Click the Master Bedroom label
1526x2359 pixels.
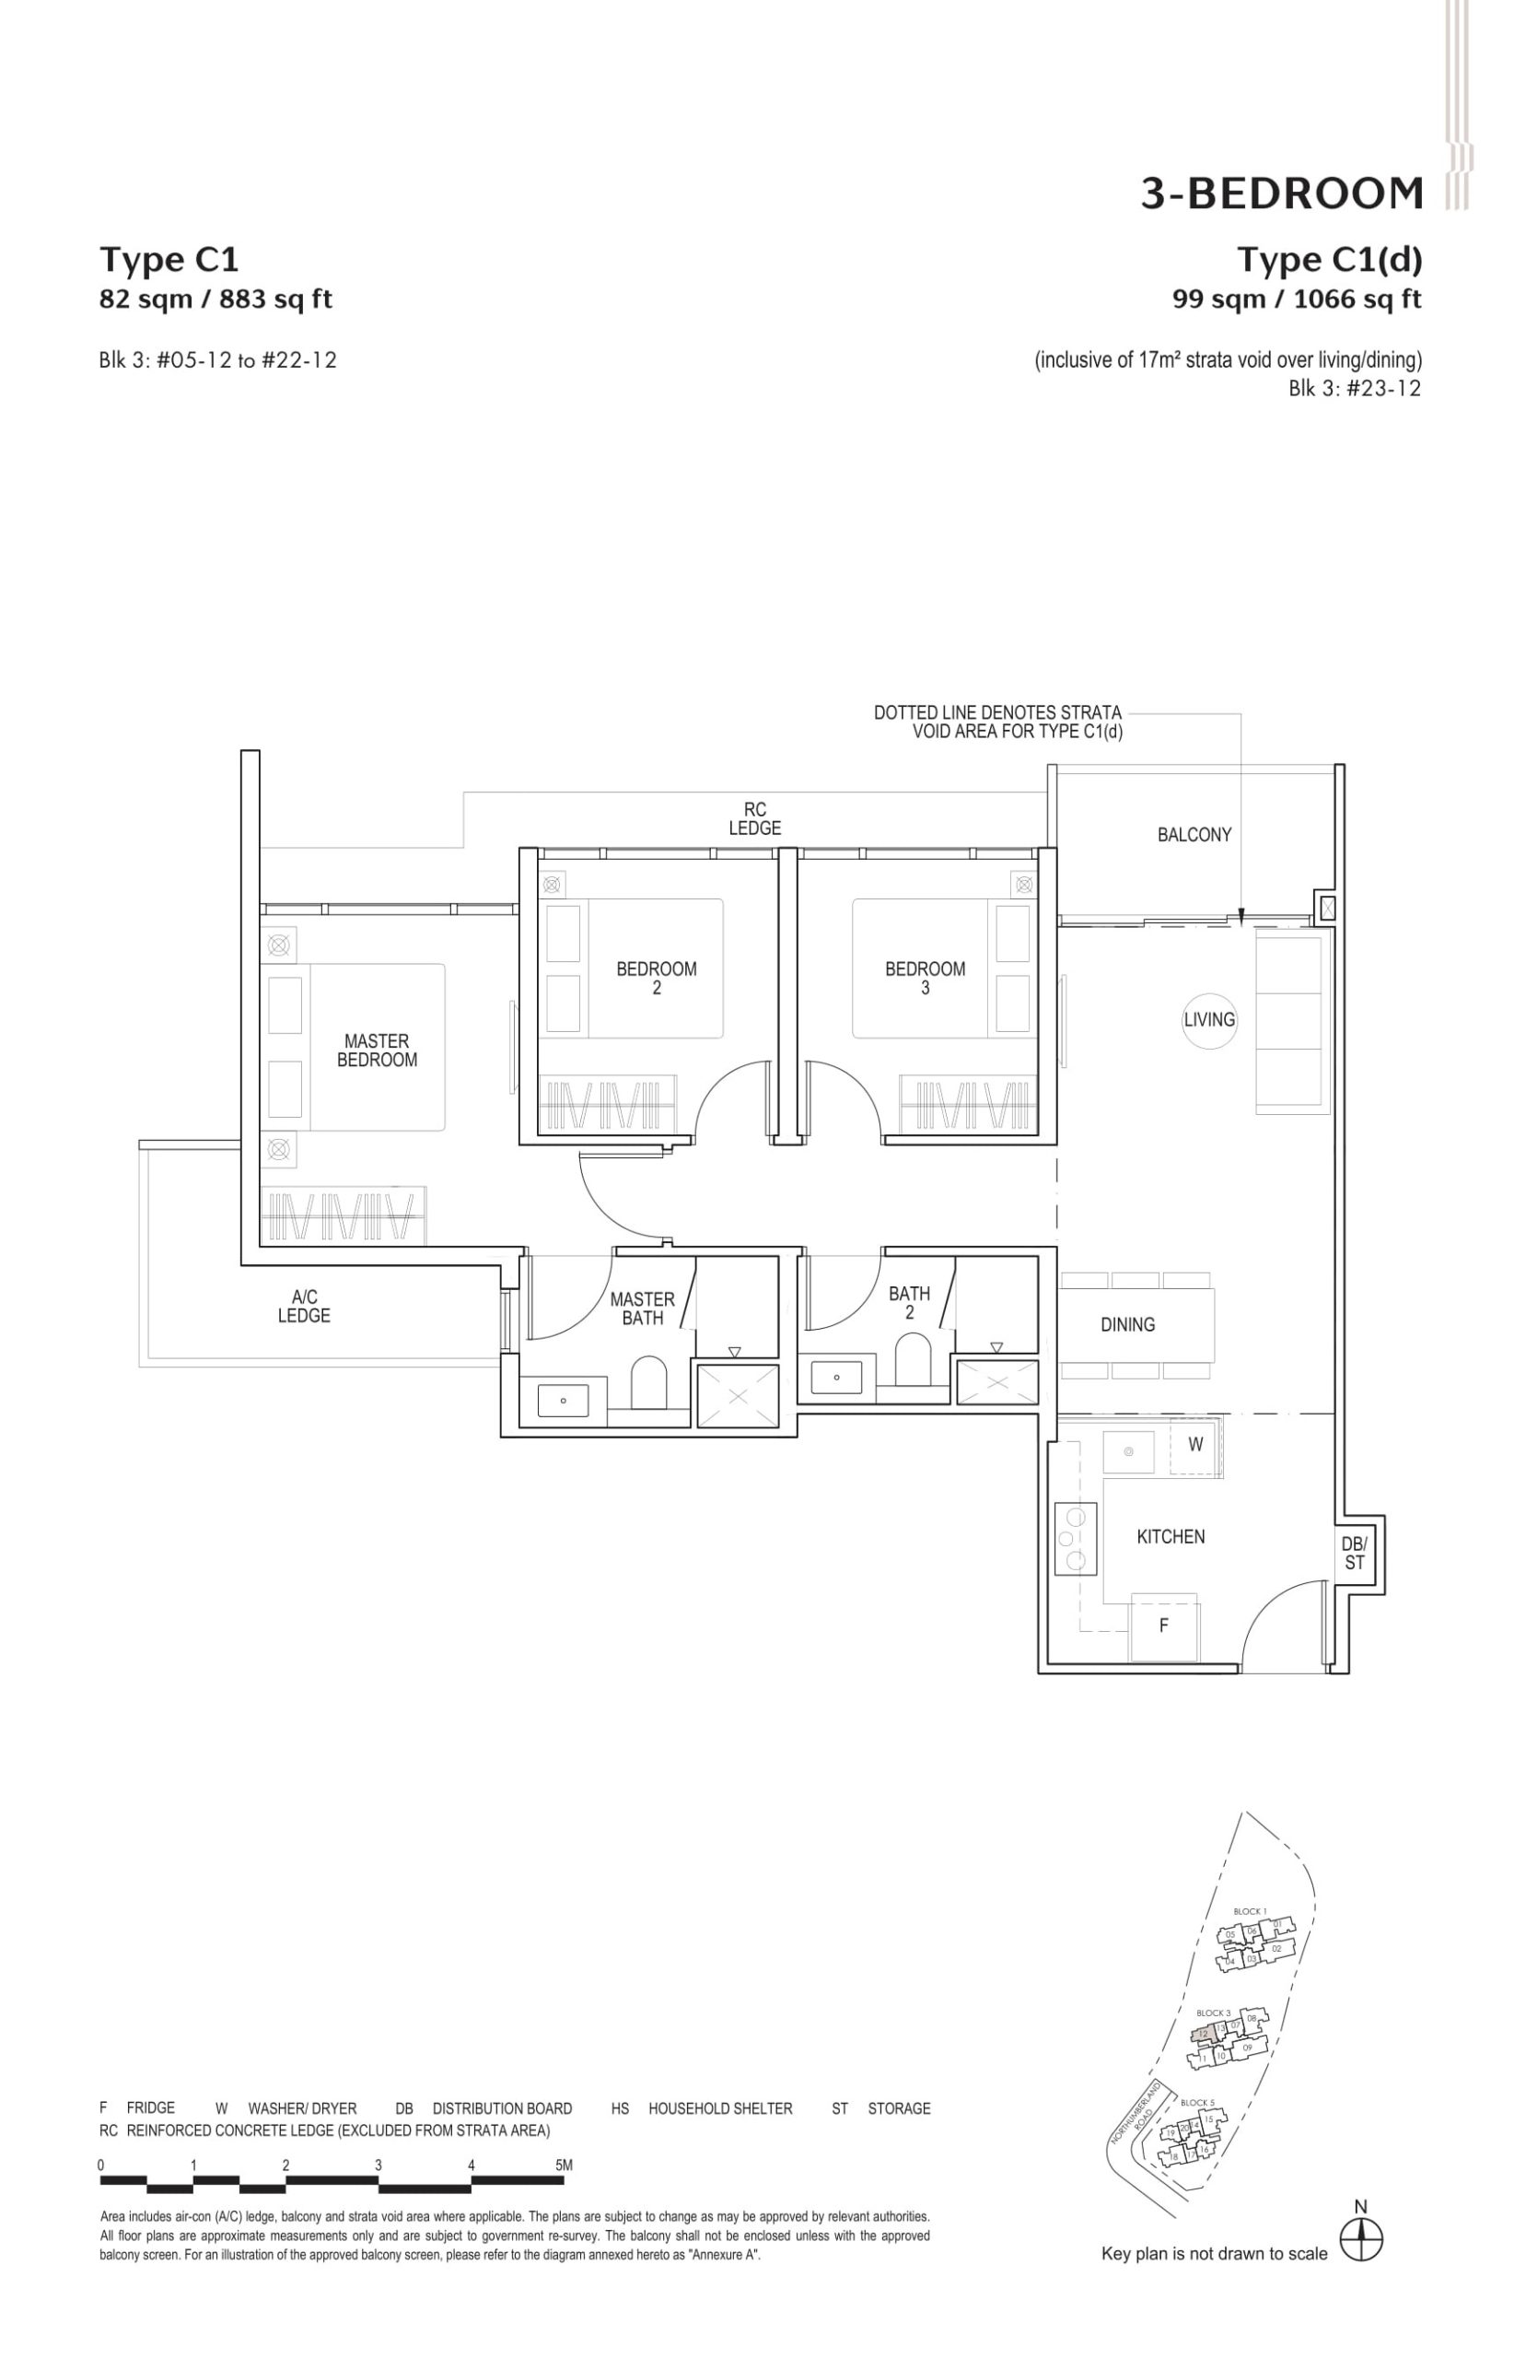tap(377, 1050)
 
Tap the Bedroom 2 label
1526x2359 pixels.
tap(656, 978)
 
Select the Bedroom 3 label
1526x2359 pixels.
tap(925, 978)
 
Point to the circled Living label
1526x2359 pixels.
tap(1209, 1019)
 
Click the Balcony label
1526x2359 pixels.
tap(1194, 835)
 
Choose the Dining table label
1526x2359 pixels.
tap(1127, 1324)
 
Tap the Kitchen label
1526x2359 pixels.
tap(1171, 1536)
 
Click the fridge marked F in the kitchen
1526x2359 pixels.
tap(1164, 1625)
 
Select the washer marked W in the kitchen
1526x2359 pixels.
tap(1195, 1444)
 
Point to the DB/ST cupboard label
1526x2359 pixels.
tap(1354, 1554)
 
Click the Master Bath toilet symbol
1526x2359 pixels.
tap(649, 1379)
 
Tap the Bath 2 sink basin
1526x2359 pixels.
tap(836, 1377)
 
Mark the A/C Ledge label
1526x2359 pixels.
tap(303, 1306)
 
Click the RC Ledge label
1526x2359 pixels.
tap(755, 818)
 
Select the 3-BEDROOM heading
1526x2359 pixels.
tap(1281, 194)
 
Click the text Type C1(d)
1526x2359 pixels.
tap(1329, 260)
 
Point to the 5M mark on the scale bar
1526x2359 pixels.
tap(564, 2165)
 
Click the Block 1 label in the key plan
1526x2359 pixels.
tap(1250, 1911)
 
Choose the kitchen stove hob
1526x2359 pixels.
tap(1074, 1538)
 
